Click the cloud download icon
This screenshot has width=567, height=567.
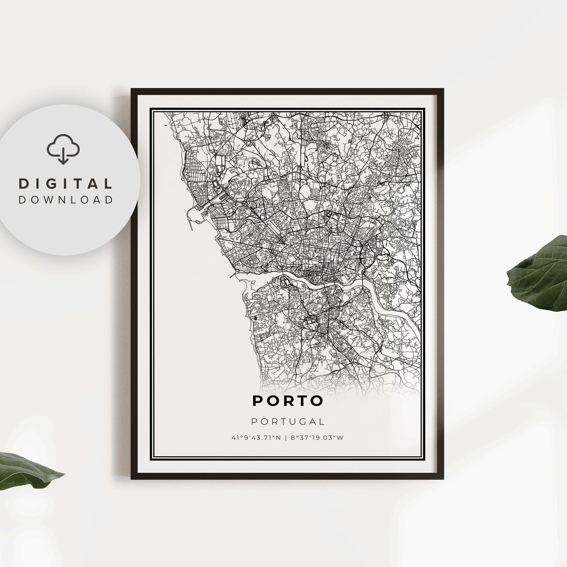click(x=63, y=149)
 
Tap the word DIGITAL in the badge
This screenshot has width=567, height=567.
click(x=66, y=184)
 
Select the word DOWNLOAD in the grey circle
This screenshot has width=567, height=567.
click(x=66, y=199)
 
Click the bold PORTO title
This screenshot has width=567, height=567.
click(x=288, y=401)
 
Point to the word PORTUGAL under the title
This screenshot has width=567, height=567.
click(x=288, y=421)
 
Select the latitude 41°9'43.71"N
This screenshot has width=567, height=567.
click(x=256, y=438)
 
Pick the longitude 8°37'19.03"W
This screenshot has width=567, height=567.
click(x=317, y=438)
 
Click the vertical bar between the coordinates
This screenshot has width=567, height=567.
click(x=286, y=438)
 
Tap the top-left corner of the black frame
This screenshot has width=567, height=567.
click(x=132, y=90)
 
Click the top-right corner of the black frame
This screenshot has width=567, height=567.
click(x=442, y=90)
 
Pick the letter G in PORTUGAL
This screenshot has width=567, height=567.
click(x=300, y=421)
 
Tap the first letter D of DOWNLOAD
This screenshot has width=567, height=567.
click(x=22, y=199)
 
